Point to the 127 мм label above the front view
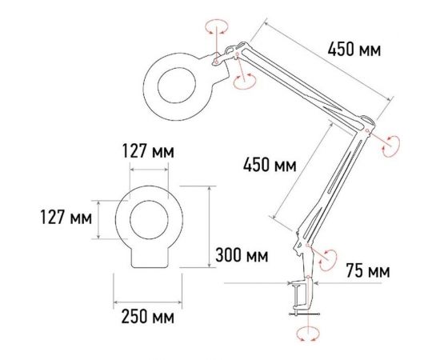click(x=146, y=151)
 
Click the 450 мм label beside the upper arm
click(x=354, y=50)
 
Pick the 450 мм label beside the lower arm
click(x=270, y=166)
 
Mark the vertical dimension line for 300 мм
click(x=210, y=229)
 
